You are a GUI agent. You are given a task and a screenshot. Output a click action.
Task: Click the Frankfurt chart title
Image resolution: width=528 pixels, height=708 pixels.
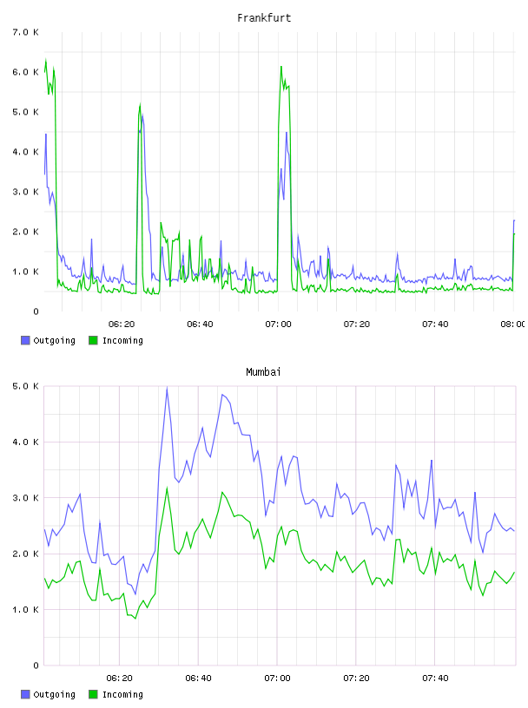[x=264, y=18]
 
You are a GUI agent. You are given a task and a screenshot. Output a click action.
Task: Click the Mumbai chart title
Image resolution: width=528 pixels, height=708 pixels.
[x=263, y=372]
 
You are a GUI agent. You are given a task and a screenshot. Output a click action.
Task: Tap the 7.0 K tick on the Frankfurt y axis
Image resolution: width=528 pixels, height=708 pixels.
[x=26, y=32]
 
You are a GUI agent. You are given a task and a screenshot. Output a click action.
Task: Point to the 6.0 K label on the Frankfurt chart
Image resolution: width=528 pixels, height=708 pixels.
[x=26, y=72]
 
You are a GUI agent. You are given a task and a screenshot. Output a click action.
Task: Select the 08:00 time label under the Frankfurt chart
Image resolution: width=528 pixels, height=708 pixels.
[x=512, y=324]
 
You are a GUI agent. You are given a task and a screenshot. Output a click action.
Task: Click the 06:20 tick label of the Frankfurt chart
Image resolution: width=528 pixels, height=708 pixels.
[x=122, y=324]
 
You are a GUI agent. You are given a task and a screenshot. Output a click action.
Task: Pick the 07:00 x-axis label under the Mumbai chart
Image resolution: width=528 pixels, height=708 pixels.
[x=277, y=678]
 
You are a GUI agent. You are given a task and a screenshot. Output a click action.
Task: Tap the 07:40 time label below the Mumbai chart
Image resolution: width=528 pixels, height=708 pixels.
[x=435, y=678]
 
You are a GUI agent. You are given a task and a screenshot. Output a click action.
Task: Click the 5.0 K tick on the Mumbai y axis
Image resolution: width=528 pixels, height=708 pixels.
[x=26, y=386]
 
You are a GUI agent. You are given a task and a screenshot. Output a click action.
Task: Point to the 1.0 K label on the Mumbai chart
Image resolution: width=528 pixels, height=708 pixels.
[x=26, y=610]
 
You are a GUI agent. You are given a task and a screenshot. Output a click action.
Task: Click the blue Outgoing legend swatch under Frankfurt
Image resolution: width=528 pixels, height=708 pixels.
[x=25, y=340]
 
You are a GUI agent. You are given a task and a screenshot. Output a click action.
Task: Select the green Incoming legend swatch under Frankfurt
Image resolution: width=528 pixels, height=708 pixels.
[x=93, y=340]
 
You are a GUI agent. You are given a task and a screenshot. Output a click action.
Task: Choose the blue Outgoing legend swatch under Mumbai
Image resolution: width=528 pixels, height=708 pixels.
[x=25, y=694]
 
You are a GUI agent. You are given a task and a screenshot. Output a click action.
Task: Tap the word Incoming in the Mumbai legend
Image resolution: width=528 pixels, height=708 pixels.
[x=122, y=694]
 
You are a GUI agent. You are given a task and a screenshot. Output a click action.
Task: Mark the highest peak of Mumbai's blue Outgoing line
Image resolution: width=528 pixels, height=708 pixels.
[x=167, y=388]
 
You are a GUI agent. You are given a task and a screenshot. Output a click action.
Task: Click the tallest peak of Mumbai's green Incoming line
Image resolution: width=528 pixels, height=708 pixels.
[x=167, y=488]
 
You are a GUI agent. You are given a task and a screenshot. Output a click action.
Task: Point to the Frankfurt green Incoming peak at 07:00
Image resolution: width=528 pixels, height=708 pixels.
[x=281, y=67]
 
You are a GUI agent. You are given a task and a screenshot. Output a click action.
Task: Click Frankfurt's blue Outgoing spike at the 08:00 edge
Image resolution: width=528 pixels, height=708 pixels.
[x=514, y=220]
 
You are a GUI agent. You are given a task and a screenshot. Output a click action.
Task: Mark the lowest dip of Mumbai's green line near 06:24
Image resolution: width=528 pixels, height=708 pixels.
[x=135, y=618]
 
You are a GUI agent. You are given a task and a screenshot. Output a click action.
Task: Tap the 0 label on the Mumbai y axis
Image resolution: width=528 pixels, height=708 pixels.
[x=36, y=665]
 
